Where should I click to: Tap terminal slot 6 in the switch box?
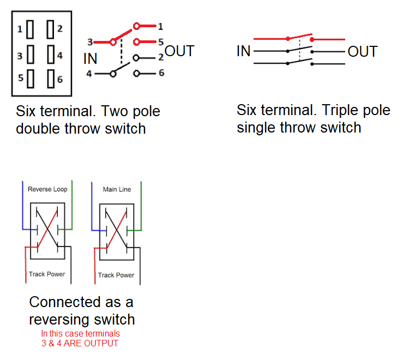[x=50, y=80]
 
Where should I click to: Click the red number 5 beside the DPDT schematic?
[x=161, y=41]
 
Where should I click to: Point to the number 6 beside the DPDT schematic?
[x=161, y=73]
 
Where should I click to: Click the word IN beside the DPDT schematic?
[x=91, y=58]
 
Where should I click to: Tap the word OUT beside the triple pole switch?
[x=363, y=52]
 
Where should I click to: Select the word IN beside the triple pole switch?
[x=244, y=52]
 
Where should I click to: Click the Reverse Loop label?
[x=47, y=190]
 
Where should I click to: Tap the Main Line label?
[x=117, y=190]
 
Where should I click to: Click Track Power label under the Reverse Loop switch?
[x=47, y=274]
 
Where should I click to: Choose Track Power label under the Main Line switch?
[x=116, y=275]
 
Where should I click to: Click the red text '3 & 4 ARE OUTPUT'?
[x=80, y=343]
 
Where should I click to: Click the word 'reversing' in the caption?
[x=61, y=319]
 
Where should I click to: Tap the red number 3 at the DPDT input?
[x=89, y=41]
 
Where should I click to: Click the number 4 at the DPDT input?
[x=89, y=73]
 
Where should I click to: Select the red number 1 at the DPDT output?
[x=161, y=26]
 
